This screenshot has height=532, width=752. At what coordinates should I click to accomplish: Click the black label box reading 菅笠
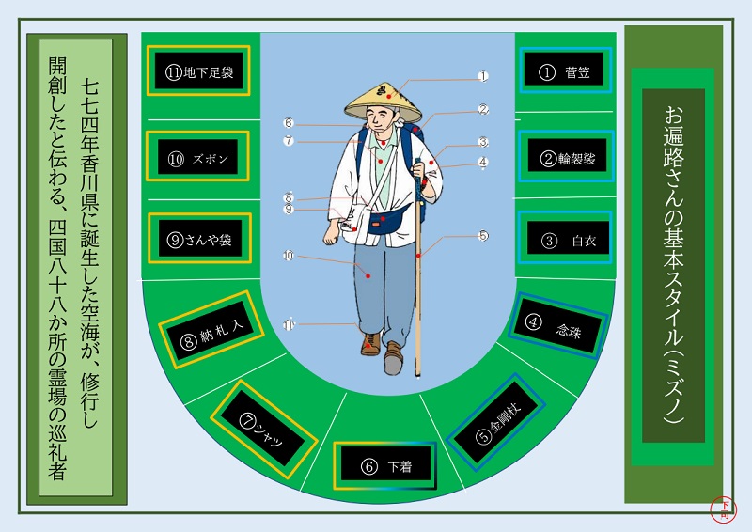[x=565, y=71]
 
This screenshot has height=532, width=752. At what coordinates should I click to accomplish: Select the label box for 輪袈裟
[x=567, y=157]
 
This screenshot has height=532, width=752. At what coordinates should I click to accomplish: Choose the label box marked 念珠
[x=556, y=325]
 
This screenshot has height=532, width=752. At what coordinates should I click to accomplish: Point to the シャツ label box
[x=262, y=432]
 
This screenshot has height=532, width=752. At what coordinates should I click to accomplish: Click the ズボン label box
[x=198, y=158]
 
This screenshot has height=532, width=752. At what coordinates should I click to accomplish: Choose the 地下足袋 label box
[x=198, y=71]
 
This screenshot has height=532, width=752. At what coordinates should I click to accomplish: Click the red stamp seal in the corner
[x=724, y=509]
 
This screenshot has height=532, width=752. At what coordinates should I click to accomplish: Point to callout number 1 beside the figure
[x=483, y=76]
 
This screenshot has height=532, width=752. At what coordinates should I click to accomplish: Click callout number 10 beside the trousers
[x=290, y=255]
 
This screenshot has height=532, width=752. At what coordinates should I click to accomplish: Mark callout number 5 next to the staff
[x=483, y=236]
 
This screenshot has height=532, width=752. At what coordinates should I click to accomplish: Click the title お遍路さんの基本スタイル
[x=673, y=265]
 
